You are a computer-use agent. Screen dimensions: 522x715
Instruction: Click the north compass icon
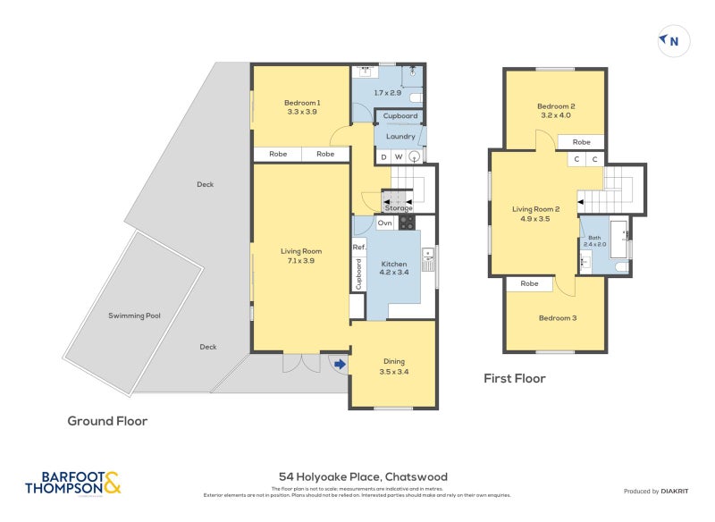point(674,40)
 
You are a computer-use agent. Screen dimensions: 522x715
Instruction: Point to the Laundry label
point(400,137)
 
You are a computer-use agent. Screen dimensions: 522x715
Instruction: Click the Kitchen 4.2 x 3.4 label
point(394,269)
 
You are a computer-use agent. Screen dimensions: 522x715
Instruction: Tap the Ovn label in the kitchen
point(384,223)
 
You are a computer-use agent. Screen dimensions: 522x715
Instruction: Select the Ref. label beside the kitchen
point(358,247)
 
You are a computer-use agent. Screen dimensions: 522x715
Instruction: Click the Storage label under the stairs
point(399,208)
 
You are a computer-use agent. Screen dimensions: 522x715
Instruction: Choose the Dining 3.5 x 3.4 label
point(393,366)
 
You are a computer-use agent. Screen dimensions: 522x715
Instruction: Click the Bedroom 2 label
point(557,110)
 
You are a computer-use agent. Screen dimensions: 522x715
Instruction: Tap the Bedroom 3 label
point(556,318)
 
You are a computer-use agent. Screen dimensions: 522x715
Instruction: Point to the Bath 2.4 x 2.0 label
point(594,240)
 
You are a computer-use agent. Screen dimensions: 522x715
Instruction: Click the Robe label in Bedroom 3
point(529,283)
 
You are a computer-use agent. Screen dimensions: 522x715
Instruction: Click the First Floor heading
point(514,378)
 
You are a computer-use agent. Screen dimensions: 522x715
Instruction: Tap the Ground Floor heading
point(107,420)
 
